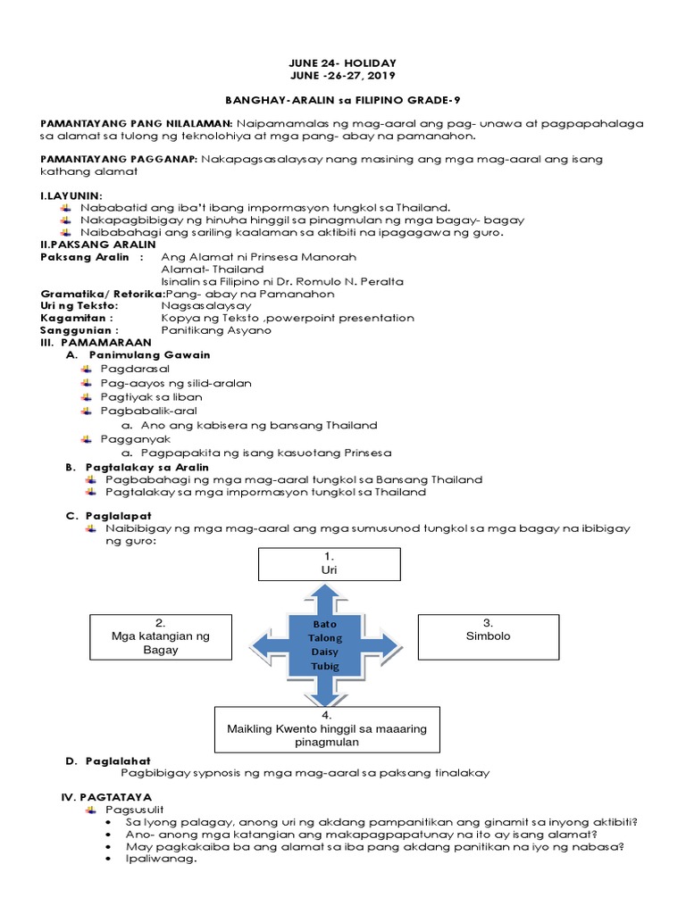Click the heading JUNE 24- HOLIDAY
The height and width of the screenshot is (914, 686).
342,62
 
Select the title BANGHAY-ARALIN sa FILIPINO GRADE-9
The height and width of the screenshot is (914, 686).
342,103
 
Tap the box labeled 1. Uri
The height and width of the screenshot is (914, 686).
330,563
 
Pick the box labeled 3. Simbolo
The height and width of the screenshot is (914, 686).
488,629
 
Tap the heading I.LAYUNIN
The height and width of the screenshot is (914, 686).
72,195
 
